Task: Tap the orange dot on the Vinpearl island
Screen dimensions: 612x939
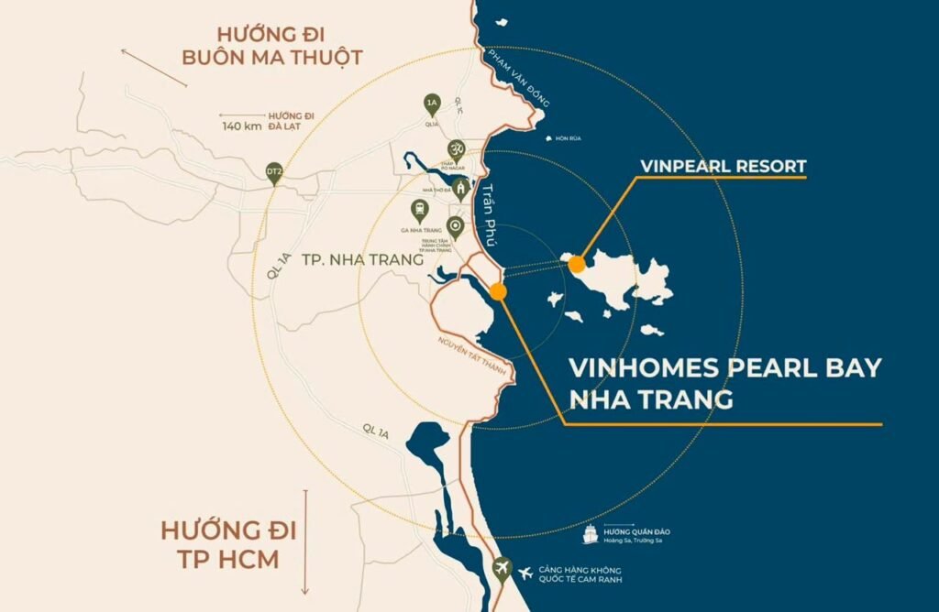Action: [x=577, y=265]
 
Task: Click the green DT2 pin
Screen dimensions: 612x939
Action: [x=273, y=172]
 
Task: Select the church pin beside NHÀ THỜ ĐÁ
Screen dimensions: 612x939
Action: [x=463, y=189]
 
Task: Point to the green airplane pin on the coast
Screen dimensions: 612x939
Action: [x=502, y=569]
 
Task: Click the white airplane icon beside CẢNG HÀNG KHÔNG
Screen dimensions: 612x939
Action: [x=525, y=574]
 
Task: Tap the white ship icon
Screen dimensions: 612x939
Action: [x=590, y=533]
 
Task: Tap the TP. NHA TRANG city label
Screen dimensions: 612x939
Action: [x=373, y=260]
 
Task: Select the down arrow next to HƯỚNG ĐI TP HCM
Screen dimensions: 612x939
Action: [x=305, y=541]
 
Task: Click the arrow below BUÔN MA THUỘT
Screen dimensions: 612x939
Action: [x=153, y=68]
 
